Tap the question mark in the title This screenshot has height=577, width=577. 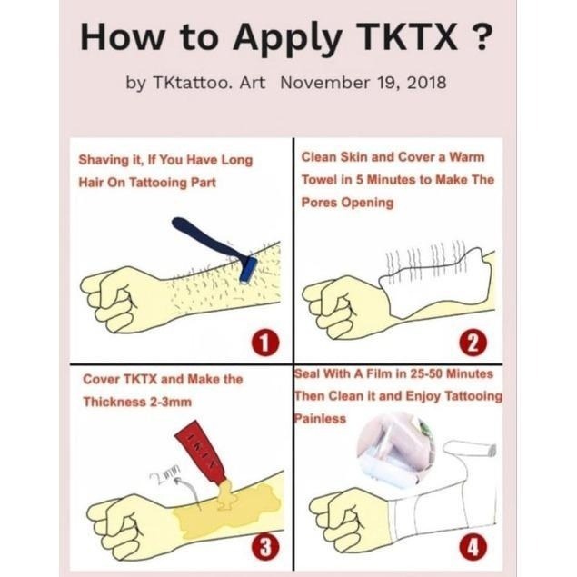[481, 37]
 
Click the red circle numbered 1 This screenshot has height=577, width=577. [265, 343]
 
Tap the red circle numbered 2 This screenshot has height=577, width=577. [473, 343]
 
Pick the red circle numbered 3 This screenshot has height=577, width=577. [265, 546]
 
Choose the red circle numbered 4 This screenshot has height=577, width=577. [473, 546]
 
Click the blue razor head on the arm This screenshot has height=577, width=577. [248, 270]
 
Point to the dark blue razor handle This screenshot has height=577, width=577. [209, 236]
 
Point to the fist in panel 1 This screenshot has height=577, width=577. [122, 299]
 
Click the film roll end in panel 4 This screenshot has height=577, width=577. [492, 450]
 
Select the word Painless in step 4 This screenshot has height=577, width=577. [320, 418]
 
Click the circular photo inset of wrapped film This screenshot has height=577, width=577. [395, 450]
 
